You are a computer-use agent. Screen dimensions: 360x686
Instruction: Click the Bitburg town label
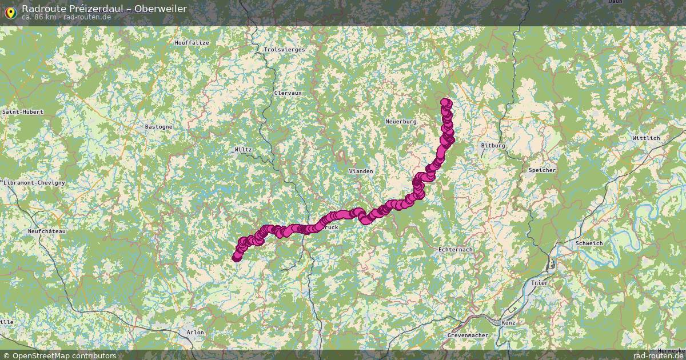tap(493, 146)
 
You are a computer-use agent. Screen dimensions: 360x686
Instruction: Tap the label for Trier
tap(539, 283)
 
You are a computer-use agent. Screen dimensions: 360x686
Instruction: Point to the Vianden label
tap(361, 171)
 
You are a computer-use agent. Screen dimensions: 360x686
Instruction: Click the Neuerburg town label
tap(401, 122)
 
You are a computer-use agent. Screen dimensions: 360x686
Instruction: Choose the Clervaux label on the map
tap(288, 93)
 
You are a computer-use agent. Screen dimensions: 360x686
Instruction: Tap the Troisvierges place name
tap(284, 50)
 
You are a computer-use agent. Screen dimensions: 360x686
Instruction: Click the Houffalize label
tap(192, 43)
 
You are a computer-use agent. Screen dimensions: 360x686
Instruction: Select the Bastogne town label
tap(158, 126)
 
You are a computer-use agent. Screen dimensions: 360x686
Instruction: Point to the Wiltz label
tap(243, 150)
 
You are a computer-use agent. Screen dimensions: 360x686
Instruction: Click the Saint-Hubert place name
tap(23, 112)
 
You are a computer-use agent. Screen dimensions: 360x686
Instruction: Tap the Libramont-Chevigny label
tap(34, 182)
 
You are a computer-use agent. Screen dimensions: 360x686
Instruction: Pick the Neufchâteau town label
tap(47, 231)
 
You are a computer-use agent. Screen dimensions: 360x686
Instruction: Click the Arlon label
tap(195, 332)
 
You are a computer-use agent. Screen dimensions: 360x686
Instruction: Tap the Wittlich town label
tap(646, 138)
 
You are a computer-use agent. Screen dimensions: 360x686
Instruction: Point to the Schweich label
tap(590, 243)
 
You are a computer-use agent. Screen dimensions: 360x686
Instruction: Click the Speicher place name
tap(542, 170)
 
